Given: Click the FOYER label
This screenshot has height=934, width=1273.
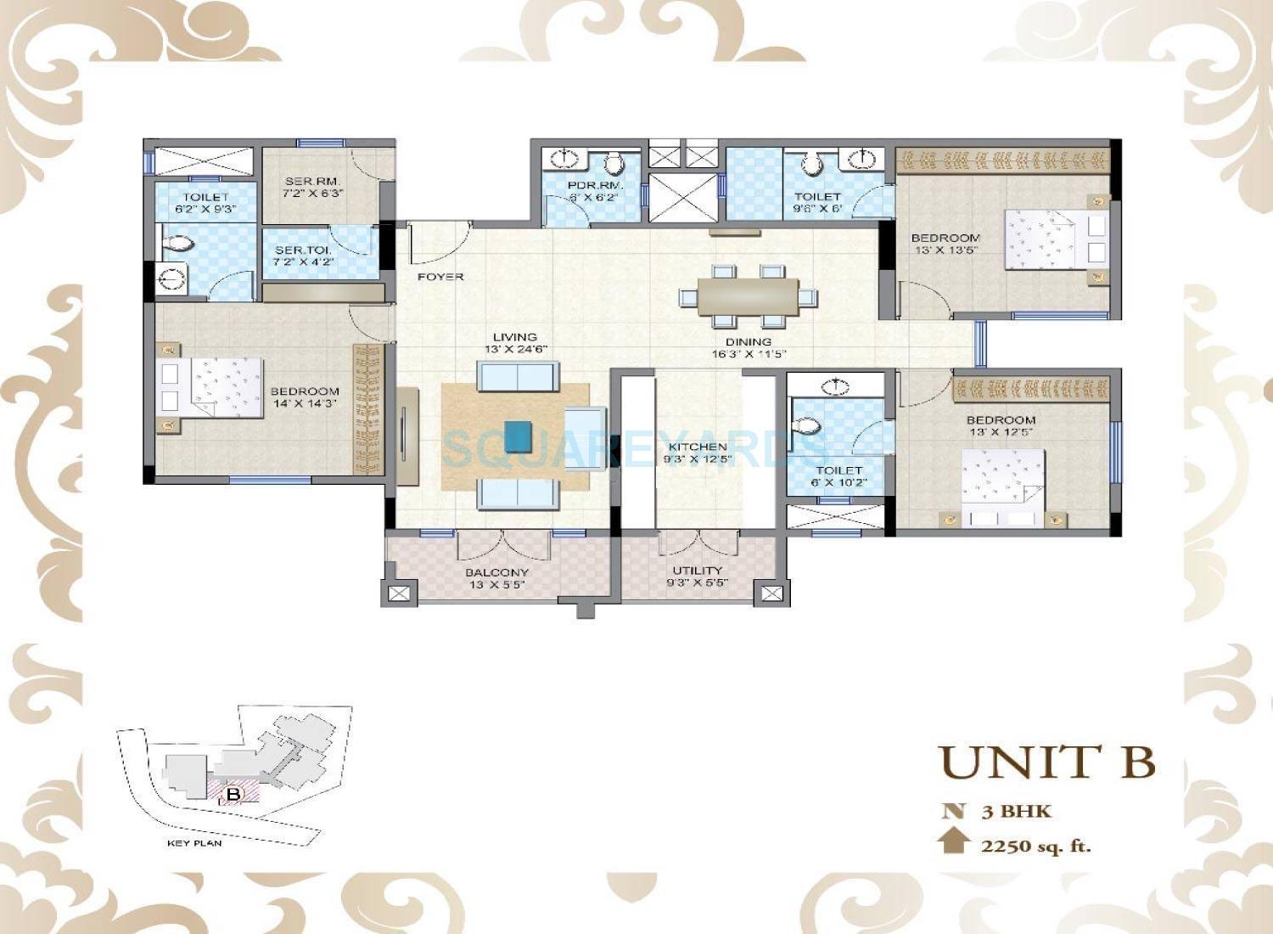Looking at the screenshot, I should pyautogui.click(x=440, y=277).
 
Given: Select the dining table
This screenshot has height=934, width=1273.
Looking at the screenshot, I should pyautogui.click(x=749, y=297).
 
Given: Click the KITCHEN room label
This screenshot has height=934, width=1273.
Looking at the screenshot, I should pyautogui.click(x=698, y=447).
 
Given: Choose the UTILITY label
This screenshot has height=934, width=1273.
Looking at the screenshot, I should pyautogui.click(x=697, y=570).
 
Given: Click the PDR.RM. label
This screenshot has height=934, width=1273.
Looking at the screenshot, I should pyautogui.click(x=584, y=185).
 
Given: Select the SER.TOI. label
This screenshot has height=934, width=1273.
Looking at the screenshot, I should pyautogui.click(x=297, y=250).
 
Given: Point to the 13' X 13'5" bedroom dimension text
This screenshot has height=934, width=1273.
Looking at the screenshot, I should pyautogui.click(x=945, y=250).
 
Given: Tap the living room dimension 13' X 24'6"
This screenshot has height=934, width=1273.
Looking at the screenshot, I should pyautogui.click(x=515, y=349).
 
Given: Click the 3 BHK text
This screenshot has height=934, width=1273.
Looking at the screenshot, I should pyautogui.click(x=1016, y=811).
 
